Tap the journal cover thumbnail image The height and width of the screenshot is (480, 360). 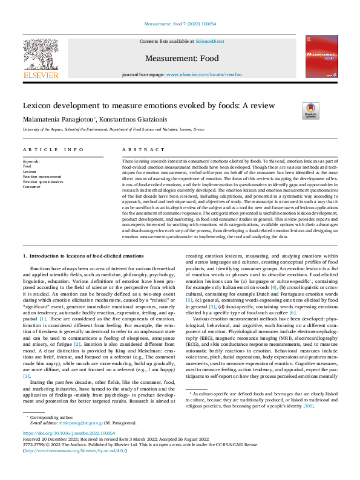(321, 56)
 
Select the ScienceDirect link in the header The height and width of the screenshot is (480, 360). (207, 41)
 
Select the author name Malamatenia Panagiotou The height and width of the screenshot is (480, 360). (57, 119)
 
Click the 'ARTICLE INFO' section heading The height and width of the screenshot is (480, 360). (53, 149)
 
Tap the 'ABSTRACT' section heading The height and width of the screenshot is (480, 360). (135, 149)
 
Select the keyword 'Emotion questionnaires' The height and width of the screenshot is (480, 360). (43, 181)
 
